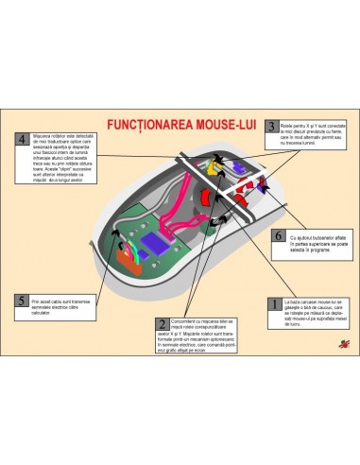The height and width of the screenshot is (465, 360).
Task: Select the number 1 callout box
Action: (x=274, y=304)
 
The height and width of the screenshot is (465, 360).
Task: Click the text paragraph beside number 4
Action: (x=60, y=152)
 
